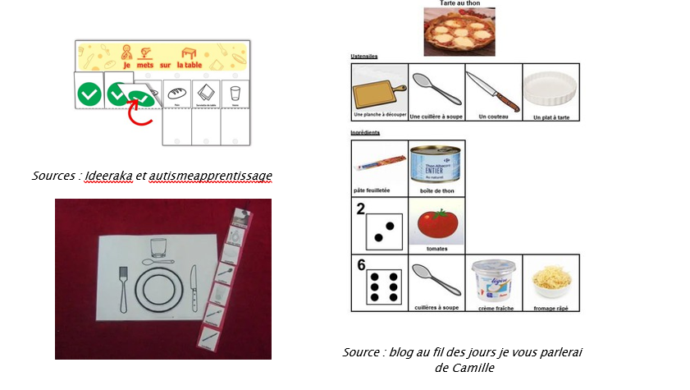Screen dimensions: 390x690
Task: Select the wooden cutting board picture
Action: tap(378, 89)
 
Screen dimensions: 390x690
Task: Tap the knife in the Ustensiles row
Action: tap(493, 89)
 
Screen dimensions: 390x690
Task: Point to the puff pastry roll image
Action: tap(378, 165)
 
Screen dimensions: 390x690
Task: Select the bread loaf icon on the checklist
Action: tap(176, 92)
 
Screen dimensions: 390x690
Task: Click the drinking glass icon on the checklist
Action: tap(235, 92)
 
